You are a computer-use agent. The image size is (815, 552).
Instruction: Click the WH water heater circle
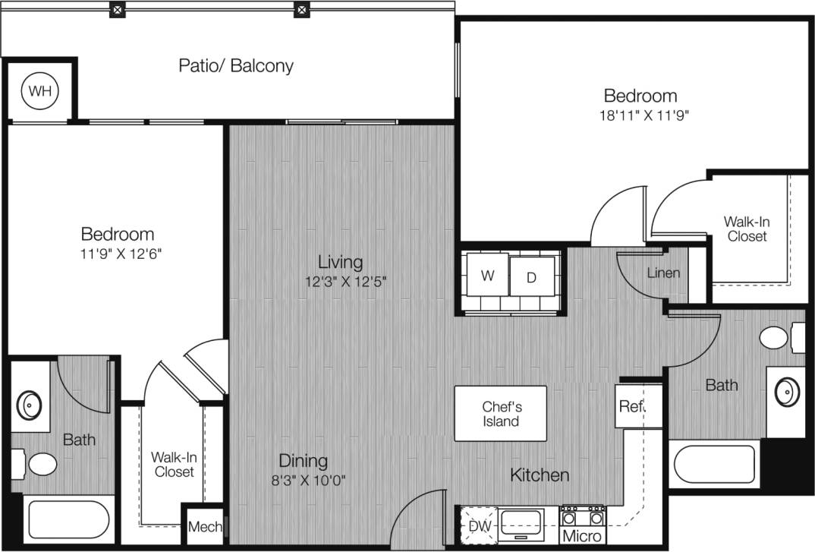tap(39, 91)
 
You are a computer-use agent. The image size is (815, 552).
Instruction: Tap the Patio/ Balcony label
tap(235, 65)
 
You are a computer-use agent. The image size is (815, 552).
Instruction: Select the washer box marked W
tap(487, 276)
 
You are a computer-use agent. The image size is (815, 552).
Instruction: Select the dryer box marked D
tap(531, 277)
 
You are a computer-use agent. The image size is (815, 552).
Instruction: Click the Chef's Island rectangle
tap(501, 414)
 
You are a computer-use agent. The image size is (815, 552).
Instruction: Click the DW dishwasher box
tap(478, 525)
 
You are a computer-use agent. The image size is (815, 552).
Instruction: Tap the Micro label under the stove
tap(582, 536)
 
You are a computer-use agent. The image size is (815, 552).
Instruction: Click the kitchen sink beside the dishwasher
tap(522, 522)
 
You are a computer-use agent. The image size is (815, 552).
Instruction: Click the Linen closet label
tap(663, 273)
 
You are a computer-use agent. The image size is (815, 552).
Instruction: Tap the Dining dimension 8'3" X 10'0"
tap(303, 480)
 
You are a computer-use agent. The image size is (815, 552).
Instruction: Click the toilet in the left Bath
tap(35, 462)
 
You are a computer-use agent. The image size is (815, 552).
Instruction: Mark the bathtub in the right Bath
tap(716, 464)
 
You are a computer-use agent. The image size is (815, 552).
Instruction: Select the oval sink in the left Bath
tap(30, 405)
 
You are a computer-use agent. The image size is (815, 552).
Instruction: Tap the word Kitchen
tap(539, 475)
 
